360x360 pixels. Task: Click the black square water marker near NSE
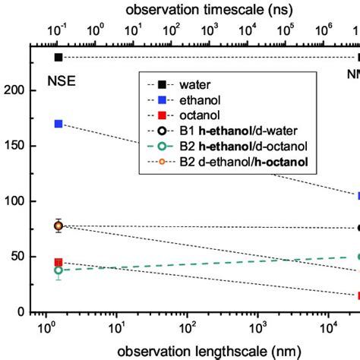[x=58, y=58]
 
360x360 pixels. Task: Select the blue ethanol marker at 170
[x=58, y=124]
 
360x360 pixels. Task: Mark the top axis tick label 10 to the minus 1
[x=58, y=31]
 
